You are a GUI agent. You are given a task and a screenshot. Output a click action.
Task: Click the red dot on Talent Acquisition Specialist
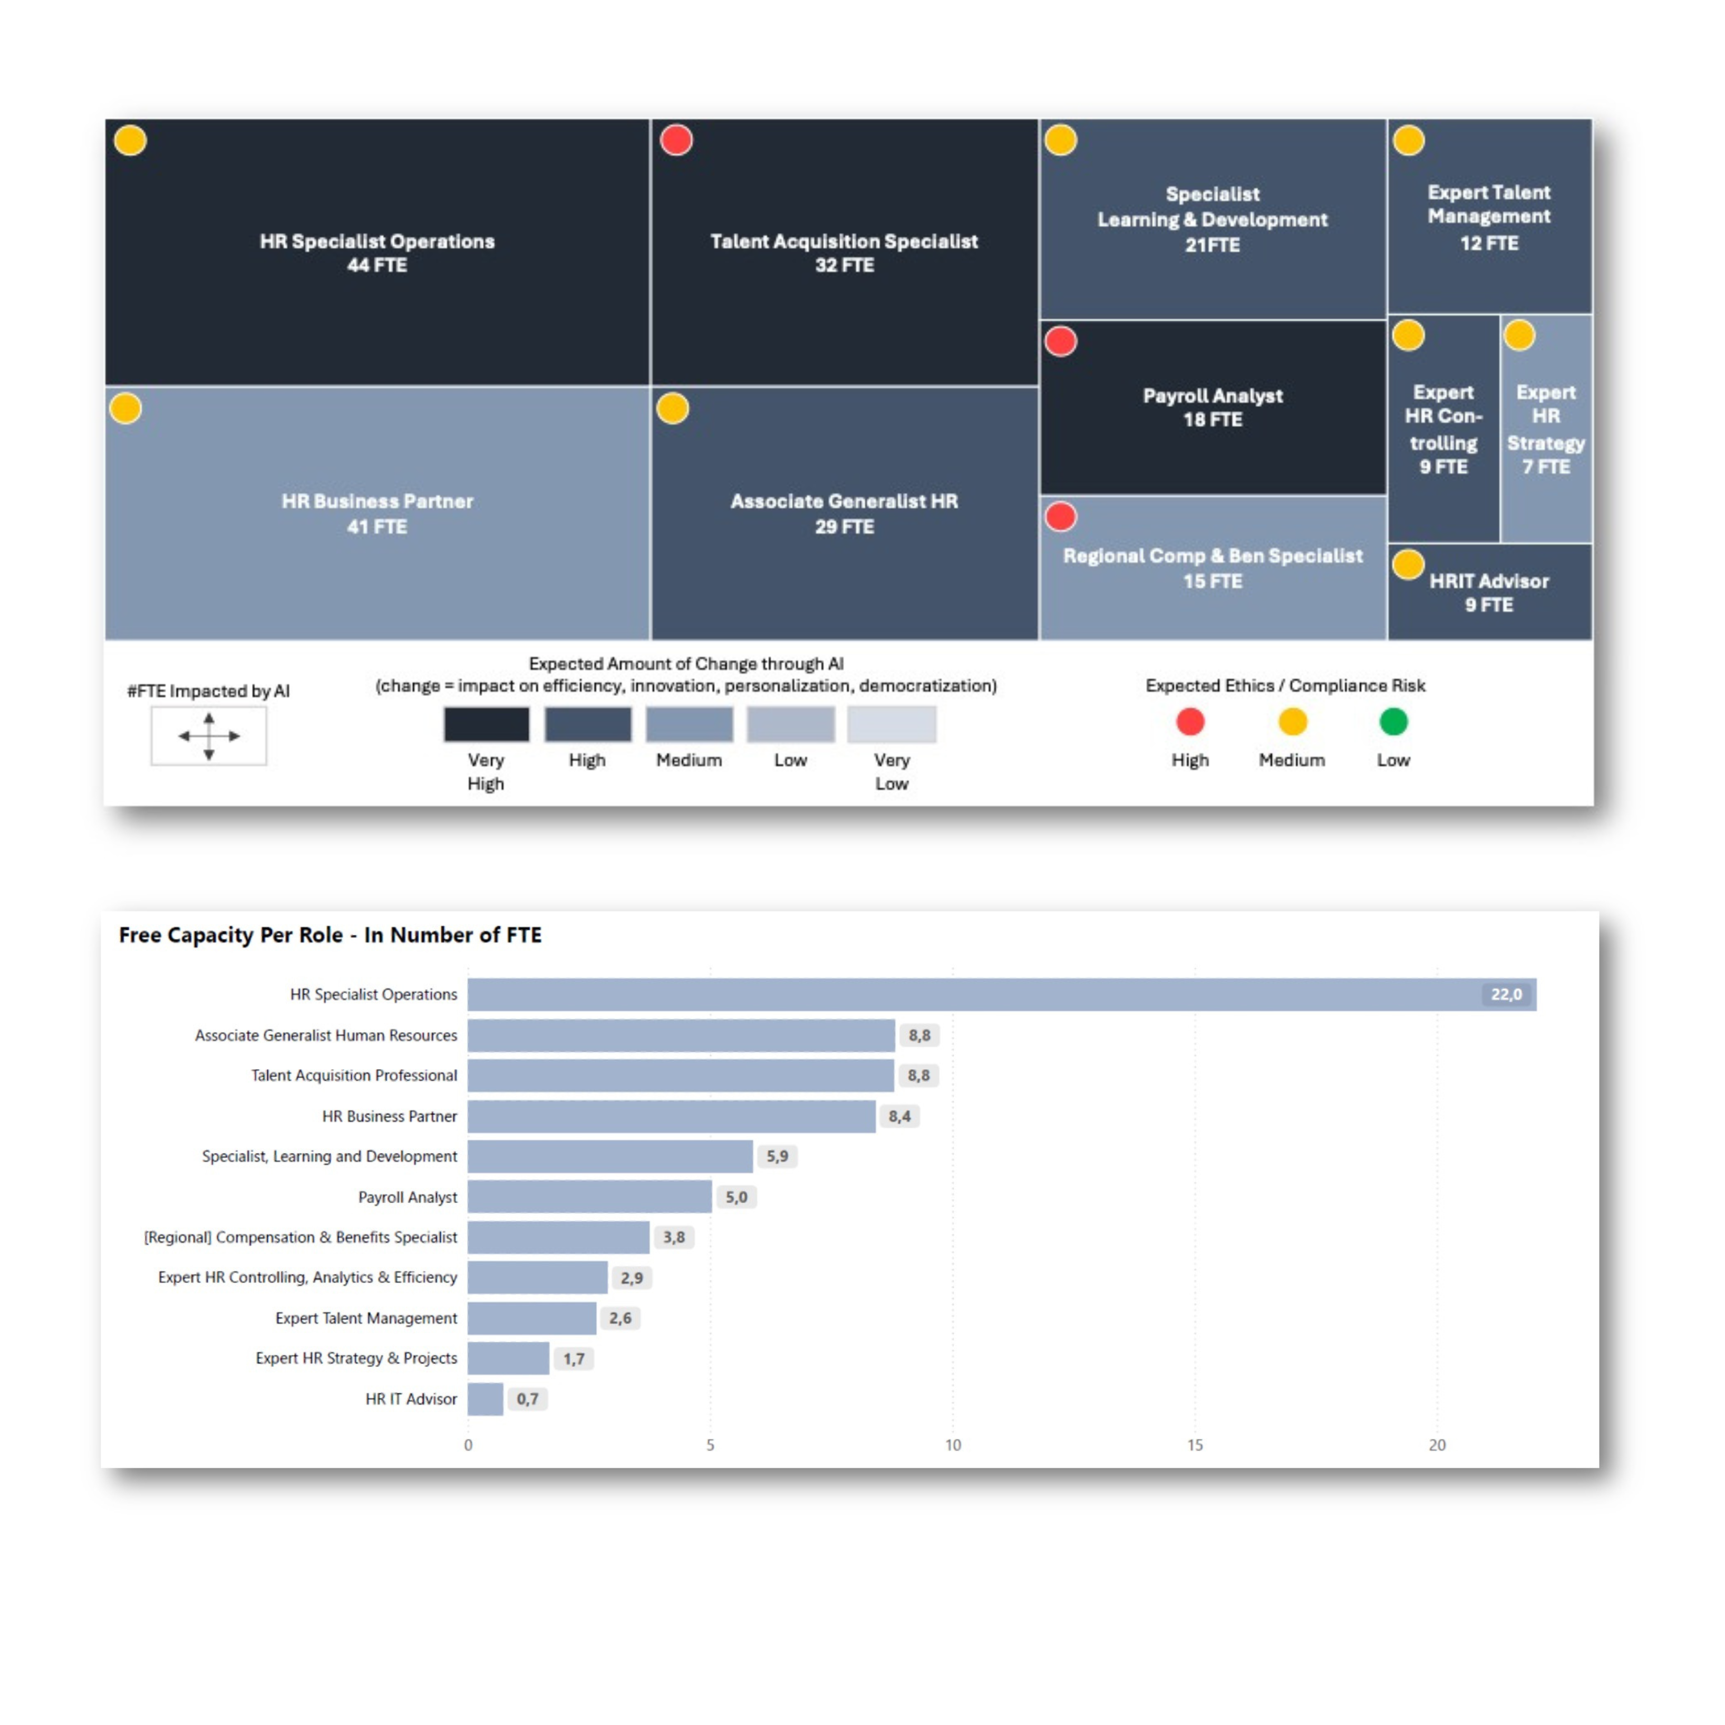(x=676, y=140)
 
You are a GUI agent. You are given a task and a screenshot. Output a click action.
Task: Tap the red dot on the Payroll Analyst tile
(x=1061, y=341)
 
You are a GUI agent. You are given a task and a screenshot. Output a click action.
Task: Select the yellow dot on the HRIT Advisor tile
(x=1408, y=564)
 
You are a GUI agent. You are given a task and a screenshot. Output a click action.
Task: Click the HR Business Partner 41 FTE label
(x=377, y=513)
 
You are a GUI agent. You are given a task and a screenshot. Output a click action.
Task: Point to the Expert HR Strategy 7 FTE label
(x=1546, y=430)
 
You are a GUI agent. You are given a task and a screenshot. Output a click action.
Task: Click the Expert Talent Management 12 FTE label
(x=1488, y=217)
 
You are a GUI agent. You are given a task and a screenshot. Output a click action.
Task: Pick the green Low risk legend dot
(x=1393, y=721)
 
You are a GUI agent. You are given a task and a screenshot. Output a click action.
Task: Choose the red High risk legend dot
(x=1190, y=721)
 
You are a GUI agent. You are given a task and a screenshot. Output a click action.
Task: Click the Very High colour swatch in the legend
(x=487, y=724)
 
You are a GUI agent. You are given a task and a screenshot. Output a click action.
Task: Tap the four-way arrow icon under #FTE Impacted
(x=209, y=736)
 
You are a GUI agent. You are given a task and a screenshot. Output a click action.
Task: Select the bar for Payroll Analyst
(x=589, y=1196)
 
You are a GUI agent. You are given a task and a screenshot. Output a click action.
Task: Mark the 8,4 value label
(x=899, y=1116)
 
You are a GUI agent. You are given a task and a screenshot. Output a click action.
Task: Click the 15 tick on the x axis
(x=1195, y=1445)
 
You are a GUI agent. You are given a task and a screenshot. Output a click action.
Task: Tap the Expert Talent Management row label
(x=366, y=1318)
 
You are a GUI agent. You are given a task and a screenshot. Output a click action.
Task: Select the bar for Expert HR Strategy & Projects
(x=508, y=1358)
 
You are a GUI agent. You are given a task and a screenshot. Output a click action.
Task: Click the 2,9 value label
(x=631, y=1278)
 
